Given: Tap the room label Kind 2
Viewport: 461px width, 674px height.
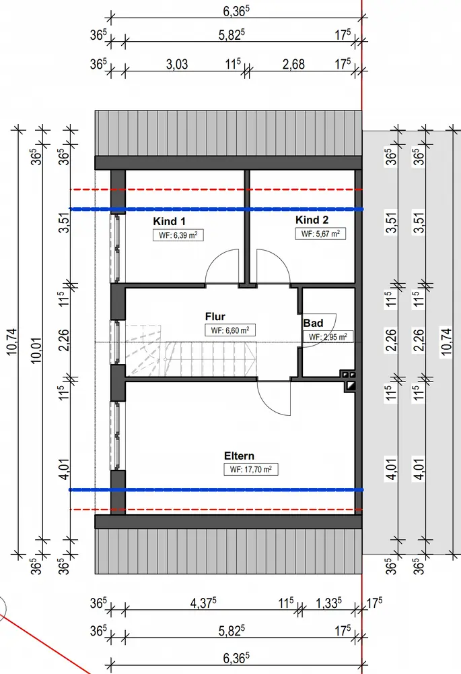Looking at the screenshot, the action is pos(312,220).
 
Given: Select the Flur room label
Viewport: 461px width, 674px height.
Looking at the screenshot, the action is pos(215,316).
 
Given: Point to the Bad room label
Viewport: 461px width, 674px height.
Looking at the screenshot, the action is pos(313,324).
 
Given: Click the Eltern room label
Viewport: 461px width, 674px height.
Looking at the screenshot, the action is pos(240,456).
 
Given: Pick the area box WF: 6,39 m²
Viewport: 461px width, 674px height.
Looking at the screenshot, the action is pos(178,235).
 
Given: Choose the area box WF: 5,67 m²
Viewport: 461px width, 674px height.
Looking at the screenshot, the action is pos(320,234).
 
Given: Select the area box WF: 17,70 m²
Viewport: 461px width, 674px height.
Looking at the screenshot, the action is pos(251,470).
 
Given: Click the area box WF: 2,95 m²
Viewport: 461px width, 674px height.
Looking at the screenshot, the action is pos(327,337).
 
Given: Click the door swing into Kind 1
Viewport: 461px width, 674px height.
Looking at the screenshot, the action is pos(221,268).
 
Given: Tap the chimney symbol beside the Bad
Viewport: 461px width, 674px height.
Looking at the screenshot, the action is pos(349,380).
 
